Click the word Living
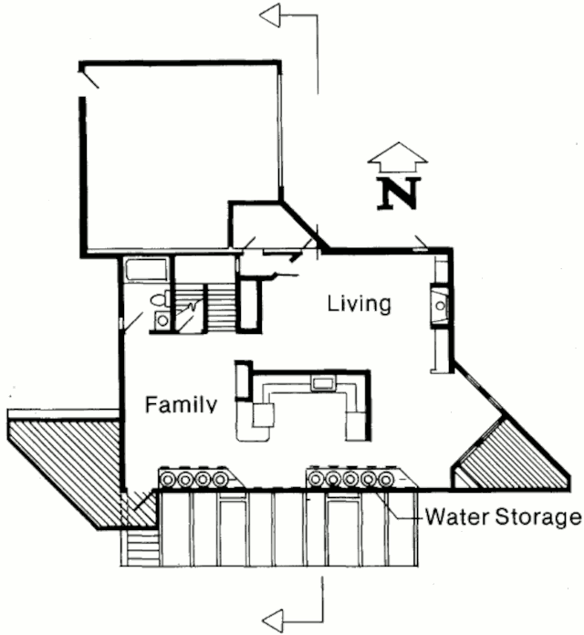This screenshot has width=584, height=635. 359,303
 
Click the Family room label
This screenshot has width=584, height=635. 182,403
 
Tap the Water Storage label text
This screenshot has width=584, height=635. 502,518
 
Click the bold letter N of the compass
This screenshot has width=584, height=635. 399,193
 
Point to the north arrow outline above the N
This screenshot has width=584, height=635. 397,156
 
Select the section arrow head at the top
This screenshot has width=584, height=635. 271,16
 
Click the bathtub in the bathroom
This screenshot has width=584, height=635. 146,271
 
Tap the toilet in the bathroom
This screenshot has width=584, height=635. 157,298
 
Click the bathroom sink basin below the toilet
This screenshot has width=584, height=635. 162,319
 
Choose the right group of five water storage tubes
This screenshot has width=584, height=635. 350,477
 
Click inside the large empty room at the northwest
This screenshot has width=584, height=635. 178,155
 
